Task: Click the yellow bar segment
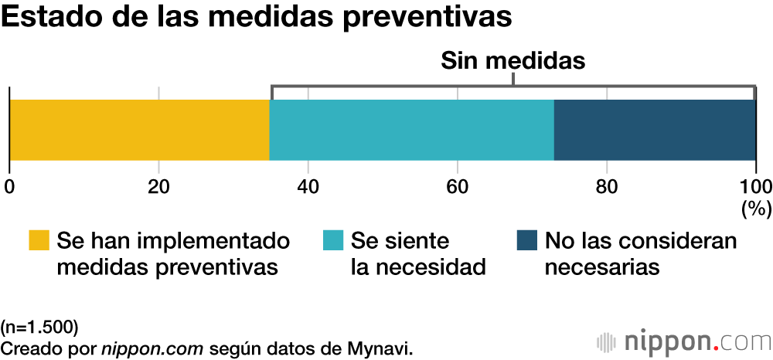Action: pos(139,130)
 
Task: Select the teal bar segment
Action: pos(411,130)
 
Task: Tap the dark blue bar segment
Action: pos(654,130)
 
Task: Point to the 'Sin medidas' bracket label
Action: pos(512,62)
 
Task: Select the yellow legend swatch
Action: pos(38,241)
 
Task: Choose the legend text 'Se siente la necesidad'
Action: pos(417,254)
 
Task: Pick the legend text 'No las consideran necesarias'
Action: pos(640,254)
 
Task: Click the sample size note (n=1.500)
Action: pos(39,324)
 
